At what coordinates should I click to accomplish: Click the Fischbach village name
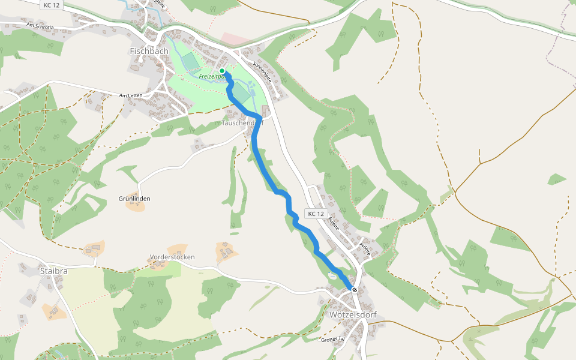(149, 52)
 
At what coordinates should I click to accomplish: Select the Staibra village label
(53, 271)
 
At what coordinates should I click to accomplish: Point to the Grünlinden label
(134, 199)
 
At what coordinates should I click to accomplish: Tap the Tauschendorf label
(242, 123)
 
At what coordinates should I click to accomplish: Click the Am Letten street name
(133, 95)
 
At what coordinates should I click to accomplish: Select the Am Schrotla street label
(40, 26)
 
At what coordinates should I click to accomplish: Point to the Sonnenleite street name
(262, 71)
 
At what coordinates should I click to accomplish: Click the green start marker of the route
(222, 71)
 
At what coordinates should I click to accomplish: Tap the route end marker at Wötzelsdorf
(355, 290)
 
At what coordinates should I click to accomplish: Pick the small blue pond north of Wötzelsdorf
(332, 275)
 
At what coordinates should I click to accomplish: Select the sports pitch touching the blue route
(240, 92)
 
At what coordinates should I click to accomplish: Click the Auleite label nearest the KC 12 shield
(334, 224)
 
